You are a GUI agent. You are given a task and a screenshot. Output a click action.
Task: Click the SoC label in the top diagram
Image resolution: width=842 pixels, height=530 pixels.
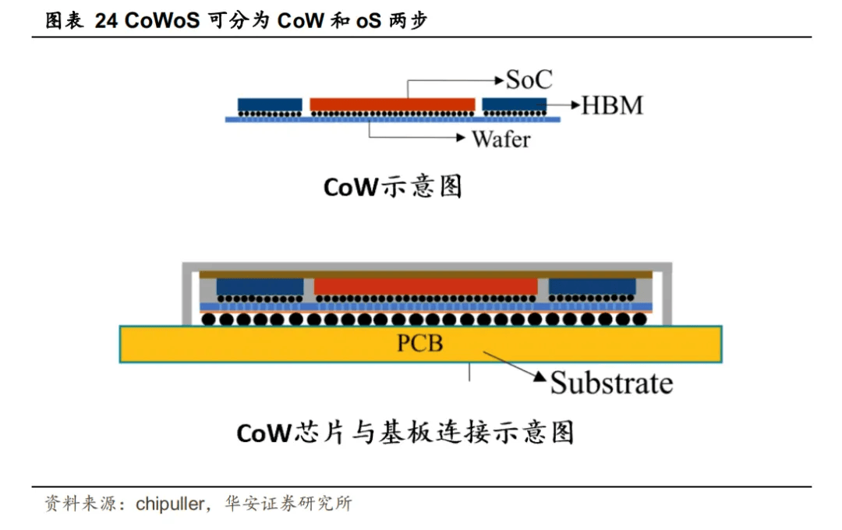point(529,79)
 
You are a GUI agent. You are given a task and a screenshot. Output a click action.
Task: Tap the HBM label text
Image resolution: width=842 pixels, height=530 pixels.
point(613,105)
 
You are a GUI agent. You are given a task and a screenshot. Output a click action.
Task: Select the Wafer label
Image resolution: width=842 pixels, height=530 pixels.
point(501,140)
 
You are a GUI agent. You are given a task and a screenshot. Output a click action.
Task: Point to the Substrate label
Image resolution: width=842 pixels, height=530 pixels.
point(611,383)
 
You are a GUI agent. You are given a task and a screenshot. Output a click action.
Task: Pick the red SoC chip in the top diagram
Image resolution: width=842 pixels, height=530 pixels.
point(392,104)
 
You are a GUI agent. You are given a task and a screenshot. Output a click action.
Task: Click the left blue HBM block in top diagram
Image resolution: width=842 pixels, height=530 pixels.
point(270,104)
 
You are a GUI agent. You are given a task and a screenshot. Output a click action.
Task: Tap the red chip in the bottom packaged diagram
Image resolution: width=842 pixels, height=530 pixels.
point(426,287)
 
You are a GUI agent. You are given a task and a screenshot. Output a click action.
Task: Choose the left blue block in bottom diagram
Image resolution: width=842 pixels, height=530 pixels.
point(260,287)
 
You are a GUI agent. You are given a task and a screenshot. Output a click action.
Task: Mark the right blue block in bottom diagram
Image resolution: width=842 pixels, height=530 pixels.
point(592,287)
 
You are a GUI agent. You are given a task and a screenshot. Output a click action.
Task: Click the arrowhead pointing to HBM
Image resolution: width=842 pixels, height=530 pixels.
point(575,104)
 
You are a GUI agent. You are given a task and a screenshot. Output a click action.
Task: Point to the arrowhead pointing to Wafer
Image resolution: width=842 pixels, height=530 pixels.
point(464,139)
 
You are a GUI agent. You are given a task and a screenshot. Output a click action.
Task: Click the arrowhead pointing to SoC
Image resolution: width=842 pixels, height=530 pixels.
point(500,79)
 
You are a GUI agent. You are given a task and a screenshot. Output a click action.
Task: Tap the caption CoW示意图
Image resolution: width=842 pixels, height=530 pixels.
point(393,187)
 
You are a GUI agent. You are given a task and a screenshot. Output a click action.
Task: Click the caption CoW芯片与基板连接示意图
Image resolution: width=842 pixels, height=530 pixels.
point(405,432)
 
